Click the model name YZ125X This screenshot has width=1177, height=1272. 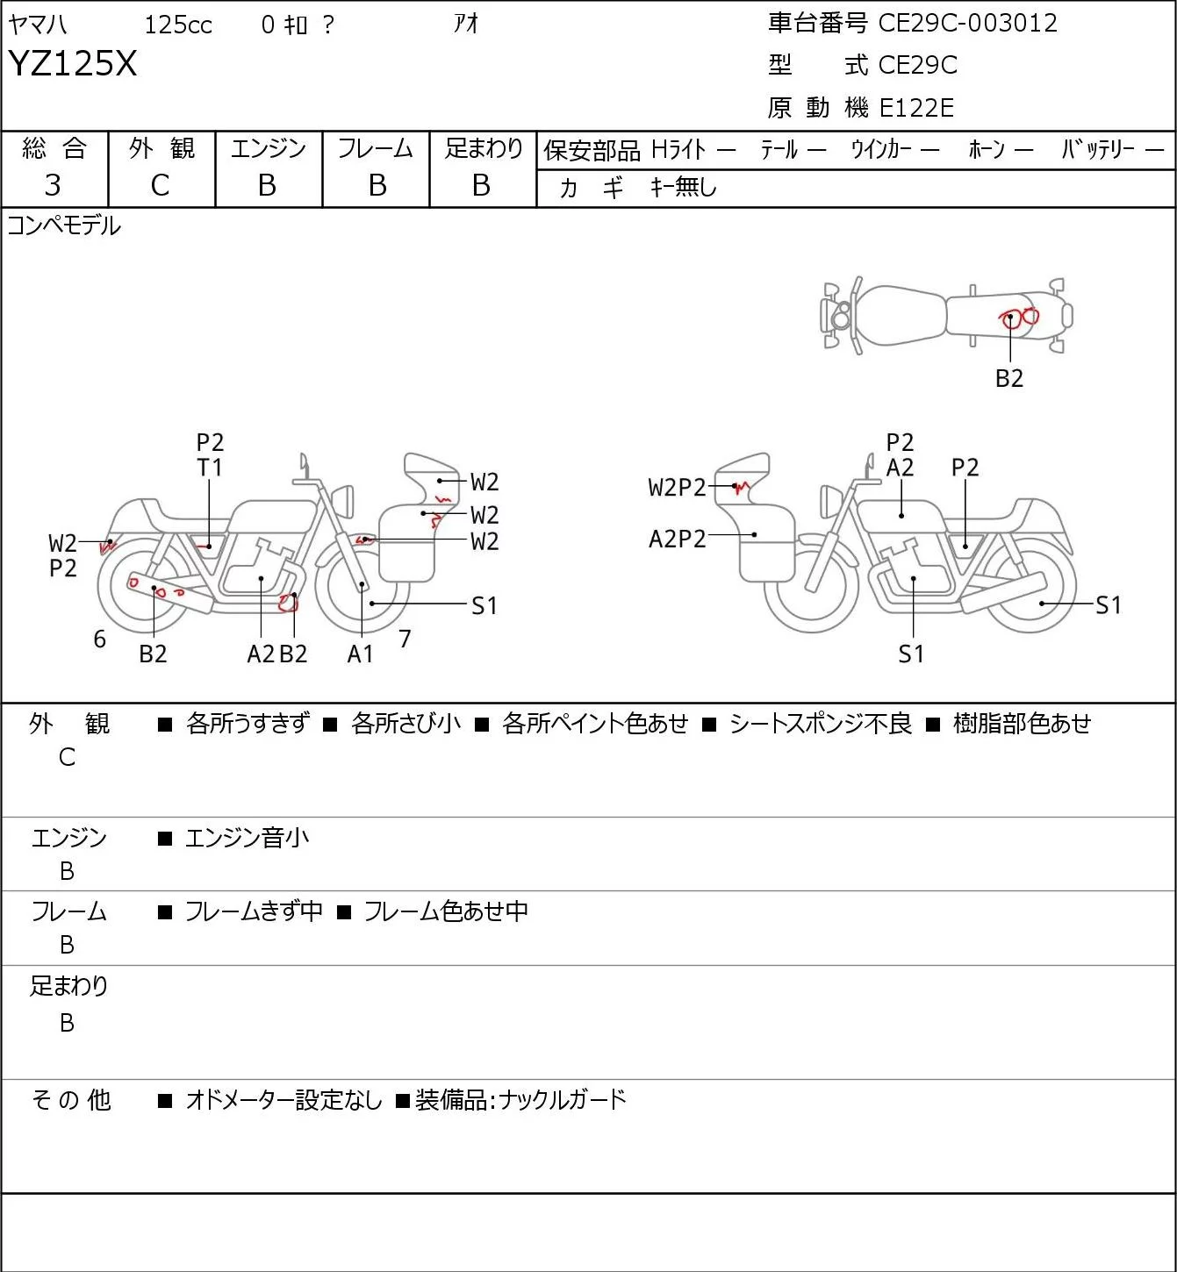(x=73, y=63)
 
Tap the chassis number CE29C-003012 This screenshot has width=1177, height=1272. (x=967, y=23)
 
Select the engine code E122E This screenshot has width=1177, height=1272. (x=916, y=108)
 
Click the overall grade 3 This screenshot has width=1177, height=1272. (x=53, y=185)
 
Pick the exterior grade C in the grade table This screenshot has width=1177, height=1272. (x=160, y=186)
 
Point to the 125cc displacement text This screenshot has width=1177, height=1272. (x=178, y=25)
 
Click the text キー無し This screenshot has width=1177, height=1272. (x=684, y=187)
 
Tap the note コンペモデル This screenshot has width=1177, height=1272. (x=63, y=225)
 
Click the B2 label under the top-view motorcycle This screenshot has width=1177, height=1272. (x=1009, y=378)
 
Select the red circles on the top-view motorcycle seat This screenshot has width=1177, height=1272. (x=1019, y=317)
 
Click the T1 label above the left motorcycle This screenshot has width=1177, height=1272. (x=209, y=468)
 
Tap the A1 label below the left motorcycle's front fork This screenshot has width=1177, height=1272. (x=360, y=654)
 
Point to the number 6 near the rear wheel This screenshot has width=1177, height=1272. (x=99, y=639)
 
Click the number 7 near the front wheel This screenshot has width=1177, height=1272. (x=405, y=639)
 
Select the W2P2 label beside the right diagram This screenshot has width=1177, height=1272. (x=677, y=488)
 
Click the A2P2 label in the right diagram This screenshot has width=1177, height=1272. (x=677, y=540)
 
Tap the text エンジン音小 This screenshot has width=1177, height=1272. (x=247, y=838)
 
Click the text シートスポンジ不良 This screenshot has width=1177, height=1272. (x=821, y=723)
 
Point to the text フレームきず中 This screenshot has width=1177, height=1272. (x=254, y=911)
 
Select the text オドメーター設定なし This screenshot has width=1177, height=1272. (x=284, y=1100)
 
